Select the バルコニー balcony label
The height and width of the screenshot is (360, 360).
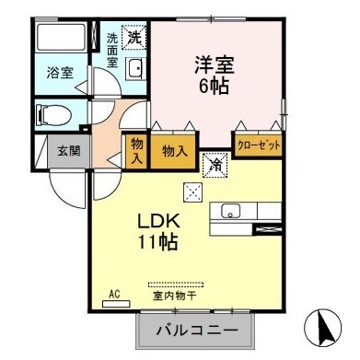click(x=195, y=329)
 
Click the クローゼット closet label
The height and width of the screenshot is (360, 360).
click(x=260, y=145)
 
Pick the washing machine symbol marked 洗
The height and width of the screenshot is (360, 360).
click(x=135, y=38)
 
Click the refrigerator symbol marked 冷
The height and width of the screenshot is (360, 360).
click(x=213, y=166)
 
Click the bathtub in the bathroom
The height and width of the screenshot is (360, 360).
click(x=63, y=39)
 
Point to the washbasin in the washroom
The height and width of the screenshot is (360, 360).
click(x=134, y=68)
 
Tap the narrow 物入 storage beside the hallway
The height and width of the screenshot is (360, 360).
click(x=137, y=150)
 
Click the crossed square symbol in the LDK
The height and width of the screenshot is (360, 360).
click(x=192, y=192)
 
